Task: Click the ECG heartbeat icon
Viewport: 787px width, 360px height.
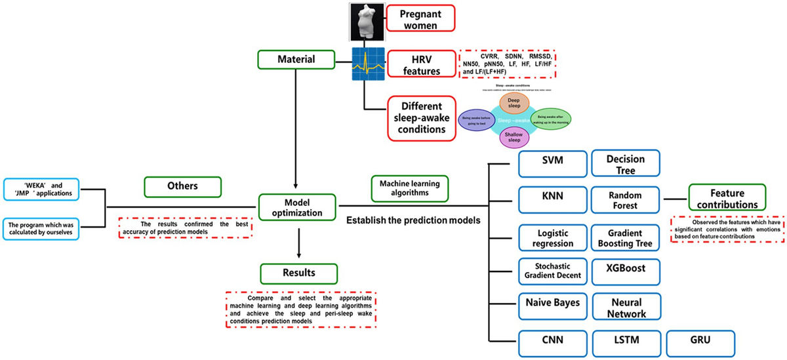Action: (x=368, y=64)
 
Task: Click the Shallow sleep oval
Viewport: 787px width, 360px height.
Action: (x=514, y=138)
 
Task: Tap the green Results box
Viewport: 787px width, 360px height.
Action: (x=298, y=271)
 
